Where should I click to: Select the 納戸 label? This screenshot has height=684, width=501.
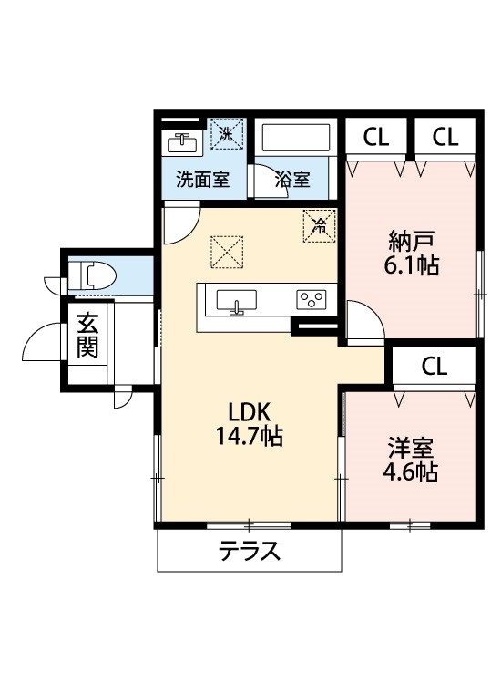point(410,242)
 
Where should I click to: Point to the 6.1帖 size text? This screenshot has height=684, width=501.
point(410,266)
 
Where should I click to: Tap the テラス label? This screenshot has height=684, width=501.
point(248,551)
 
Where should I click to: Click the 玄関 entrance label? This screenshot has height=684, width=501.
point(87,336)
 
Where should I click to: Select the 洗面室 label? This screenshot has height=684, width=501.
point(202,180)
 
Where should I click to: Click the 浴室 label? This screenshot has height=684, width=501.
point(292,180)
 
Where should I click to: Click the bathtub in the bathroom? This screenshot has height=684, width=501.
point(297,139)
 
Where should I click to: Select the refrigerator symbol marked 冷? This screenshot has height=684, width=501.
point(319,224)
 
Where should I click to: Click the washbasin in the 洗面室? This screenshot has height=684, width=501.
point(184,142)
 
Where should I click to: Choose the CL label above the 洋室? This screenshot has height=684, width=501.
point(434,367)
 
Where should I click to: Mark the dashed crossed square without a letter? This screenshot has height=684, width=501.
point(226,252)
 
